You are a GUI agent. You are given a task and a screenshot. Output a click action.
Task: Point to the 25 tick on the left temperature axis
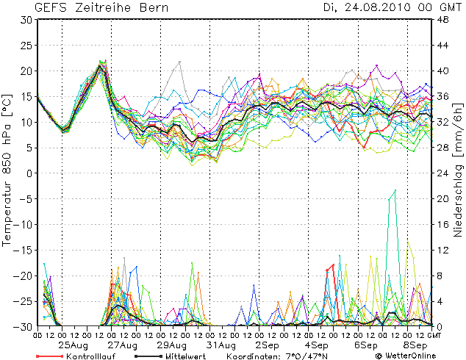pos(26,46)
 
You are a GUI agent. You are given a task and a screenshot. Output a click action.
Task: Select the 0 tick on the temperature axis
pos(29,173)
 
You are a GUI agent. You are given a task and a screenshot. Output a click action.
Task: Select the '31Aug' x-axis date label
pos(221,345)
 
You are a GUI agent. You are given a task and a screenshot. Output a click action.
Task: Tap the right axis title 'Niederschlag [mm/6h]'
pos(458,173)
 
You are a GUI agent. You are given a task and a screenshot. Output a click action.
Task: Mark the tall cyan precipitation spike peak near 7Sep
pos(395,190)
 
